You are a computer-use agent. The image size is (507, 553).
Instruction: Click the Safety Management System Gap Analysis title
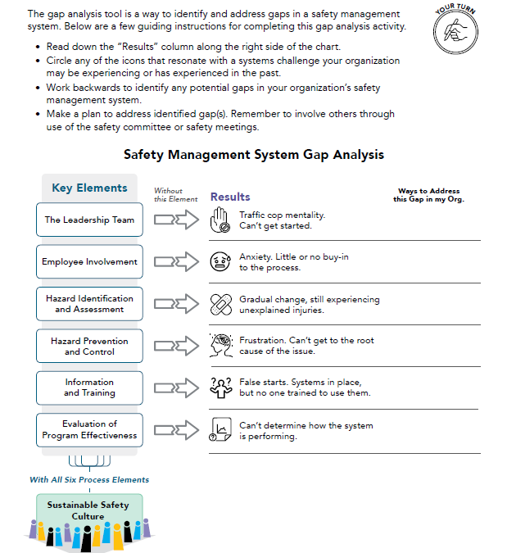[253, 154]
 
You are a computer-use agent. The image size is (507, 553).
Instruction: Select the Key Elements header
[89, 188]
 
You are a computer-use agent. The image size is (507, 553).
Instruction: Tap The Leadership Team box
[89, 220]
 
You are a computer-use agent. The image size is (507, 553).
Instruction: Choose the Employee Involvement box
[89, 262]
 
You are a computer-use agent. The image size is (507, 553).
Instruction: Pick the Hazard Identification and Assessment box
[89, 304]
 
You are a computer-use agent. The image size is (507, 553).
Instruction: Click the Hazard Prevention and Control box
[89, 346]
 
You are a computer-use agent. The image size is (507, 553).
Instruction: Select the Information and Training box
[89, 388]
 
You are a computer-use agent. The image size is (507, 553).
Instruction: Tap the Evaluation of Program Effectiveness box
[89, 430]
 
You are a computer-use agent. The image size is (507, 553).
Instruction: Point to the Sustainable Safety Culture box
[88, 510]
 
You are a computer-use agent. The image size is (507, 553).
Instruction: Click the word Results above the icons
[230, 197]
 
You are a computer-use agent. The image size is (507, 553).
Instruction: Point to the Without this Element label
[175, 194]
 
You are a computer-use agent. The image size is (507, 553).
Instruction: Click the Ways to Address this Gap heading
[428, 195]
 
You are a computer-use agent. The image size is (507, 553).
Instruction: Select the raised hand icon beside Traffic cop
[220, 220]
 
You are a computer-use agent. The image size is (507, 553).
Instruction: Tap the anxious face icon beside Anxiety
[220, 262]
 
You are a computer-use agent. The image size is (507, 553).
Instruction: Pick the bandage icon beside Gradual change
[220, 305]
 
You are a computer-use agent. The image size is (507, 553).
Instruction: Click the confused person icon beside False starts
[220, 388]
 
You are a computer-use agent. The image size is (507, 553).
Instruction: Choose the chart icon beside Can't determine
[220, 430]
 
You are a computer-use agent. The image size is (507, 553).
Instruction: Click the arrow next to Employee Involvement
[177, 262]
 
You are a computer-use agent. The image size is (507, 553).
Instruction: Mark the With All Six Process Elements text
[89, 479]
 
